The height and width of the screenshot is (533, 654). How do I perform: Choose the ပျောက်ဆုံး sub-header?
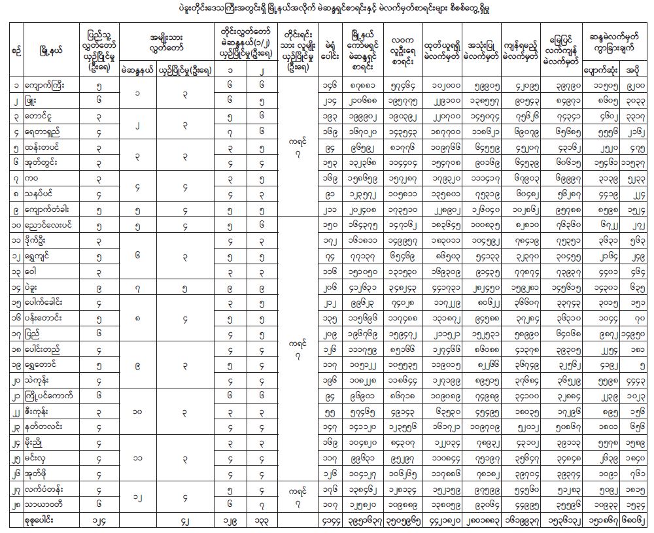coord(598,68)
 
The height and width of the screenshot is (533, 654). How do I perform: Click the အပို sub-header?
coord(632,68)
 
